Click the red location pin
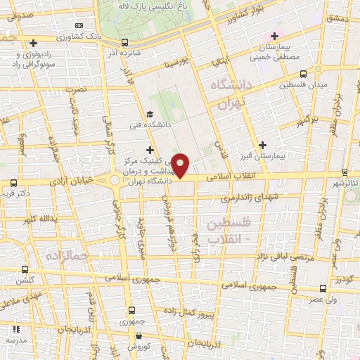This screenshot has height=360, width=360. (x=181, y=165)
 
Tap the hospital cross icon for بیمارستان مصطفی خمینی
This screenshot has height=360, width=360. (x=274, y=37)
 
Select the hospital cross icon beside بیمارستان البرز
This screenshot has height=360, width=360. (x=262, y=144)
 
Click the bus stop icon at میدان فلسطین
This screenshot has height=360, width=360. (x=303, y=74)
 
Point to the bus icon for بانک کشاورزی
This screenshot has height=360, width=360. (x=124, y=41)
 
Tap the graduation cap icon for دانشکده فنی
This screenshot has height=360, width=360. (x=149, y=115)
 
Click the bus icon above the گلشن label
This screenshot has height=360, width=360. (x=25, y=269)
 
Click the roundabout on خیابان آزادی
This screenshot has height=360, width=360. (x=113, y=181)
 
